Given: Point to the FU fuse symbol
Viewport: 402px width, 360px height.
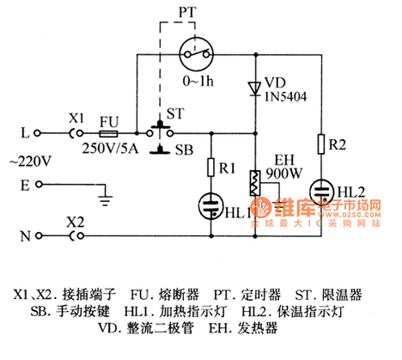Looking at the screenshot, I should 110,134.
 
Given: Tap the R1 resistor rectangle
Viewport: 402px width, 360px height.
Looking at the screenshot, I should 210,168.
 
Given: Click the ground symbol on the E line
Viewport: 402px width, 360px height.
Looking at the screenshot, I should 105,199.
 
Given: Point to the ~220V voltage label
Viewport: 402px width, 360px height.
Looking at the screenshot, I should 29,159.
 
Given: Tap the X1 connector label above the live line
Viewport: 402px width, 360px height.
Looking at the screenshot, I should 76,119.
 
